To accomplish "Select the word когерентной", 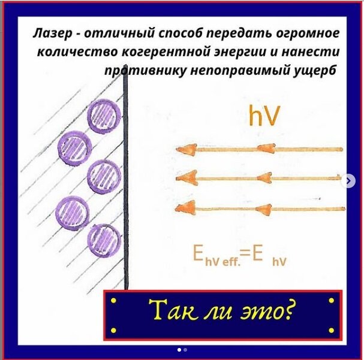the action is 160,52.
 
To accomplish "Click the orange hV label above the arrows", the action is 263,117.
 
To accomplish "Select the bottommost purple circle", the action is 104,239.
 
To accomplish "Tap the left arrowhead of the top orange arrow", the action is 185,150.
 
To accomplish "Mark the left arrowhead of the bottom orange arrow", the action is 185,208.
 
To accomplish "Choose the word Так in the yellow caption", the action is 169,311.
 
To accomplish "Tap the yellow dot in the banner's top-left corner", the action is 114,299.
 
